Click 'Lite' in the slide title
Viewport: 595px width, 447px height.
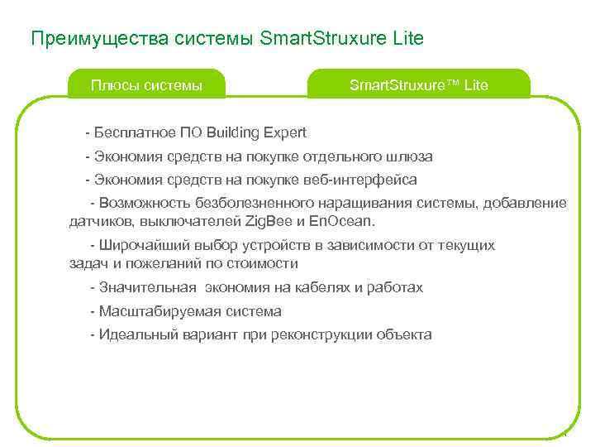coord(407,38)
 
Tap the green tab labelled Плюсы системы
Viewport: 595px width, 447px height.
coord(146,84)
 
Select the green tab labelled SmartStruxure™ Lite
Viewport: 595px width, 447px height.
coord(418,84)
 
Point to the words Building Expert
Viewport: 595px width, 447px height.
coord(256,132)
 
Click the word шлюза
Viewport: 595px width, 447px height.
coord(409,156)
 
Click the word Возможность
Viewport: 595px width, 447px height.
coord(145,203)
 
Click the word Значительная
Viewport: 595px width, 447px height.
coord(148,288)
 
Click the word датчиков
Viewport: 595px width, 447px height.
coord(102,221)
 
